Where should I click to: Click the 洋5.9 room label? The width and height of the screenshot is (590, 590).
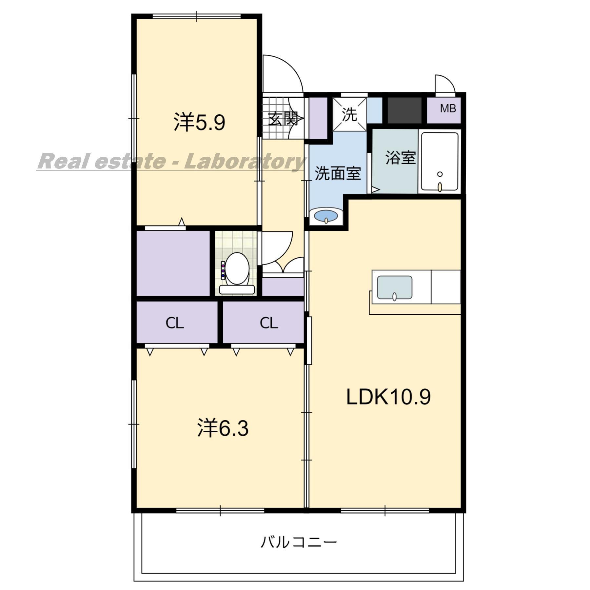(199, 122)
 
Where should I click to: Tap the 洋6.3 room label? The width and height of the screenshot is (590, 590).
(223, 428)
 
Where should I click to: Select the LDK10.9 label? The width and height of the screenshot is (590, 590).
(388, 397)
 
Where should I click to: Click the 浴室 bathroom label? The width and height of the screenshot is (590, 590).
(401, 157)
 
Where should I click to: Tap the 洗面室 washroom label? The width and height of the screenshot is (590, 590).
(338, 173)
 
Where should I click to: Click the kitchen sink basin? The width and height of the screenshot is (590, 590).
(395, 288)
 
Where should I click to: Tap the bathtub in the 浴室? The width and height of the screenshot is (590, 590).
(440, 162)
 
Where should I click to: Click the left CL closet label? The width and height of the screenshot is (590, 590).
(175, 323)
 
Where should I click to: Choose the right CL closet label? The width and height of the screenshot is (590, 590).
(269, 323)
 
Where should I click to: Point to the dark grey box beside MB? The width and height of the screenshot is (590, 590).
(404, 110)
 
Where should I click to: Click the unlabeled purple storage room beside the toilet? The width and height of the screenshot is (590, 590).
(173, 263)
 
